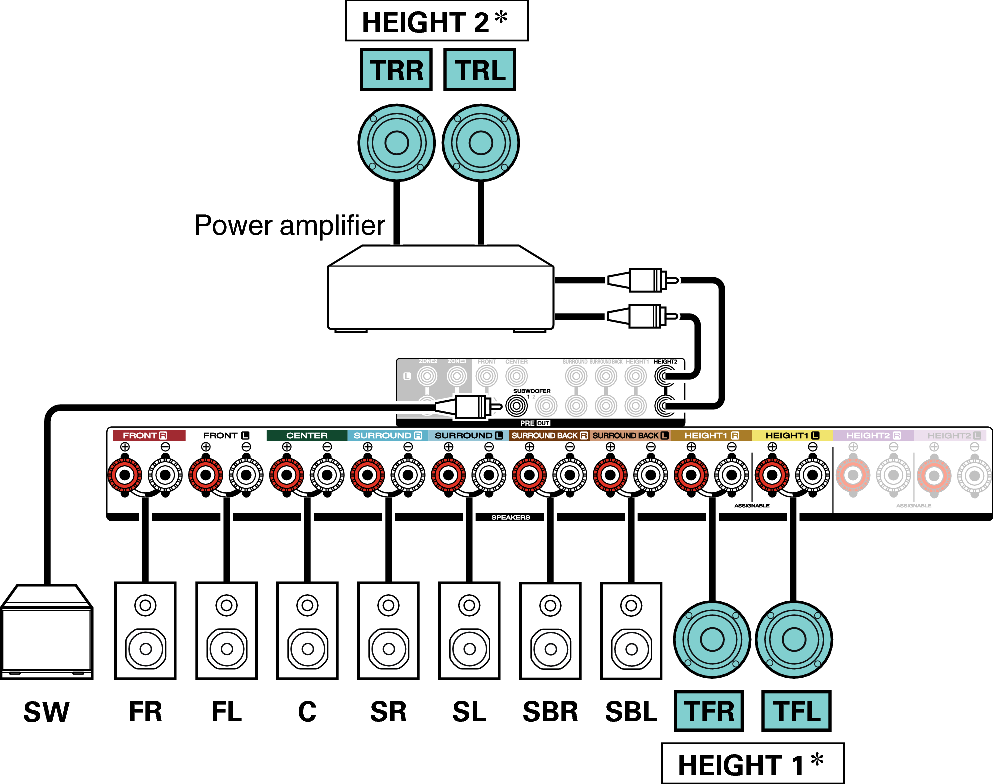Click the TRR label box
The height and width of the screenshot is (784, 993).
pos(396,70)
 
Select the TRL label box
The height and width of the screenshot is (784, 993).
pos(479,70)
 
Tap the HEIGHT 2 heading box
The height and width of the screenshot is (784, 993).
pos(436,21)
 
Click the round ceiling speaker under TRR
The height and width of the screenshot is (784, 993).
pos(396,143)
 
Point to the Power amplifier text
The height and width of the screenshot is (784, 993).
pos(289,225)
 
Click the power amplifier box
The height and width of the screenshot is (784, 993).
pos(440,295)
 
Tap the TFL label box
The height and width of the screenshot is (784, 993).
pos(796,711)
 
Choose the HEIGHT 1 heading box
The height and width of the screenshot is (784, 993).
pos(752,764)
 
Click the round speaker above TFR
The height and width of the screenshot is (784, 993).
pos(712,639)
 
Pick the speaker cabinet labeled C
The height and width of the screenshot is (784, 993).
pos(307,631)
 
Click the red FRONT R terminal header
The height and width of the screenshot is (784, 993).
pos(149,436)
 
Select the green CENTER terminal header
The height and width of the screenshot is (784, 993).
pos(306,436)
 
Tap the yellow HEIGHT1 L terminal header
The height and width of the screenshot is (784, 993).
pos(792,436)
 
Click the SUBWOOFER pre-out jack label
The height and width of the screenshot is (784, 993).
pos(531,391)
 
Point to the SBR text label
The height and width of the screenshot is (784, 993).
pos(550,712)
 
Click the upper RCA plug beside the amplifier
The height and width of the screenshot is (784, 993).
pos(645,280)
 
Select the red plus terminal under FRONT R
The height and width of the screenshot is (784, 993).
pos(125,475)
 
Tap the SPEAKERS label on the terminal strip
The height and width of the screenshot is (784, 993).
pos(510,517)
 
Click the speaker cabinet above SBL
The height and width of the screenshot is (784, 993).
pos(631,631)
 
